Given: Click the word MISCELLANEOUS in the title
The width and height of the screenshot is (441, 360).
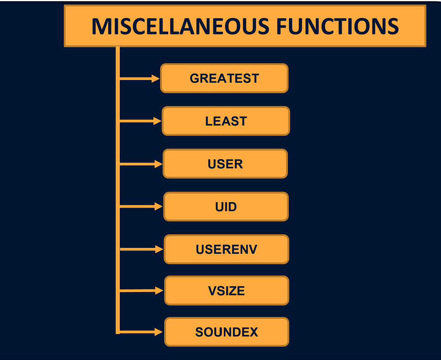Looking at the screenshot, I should [x=180, y=26].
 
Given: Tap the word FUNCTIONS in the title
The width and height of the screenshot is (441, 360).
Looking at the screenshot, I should [x=337, y=26].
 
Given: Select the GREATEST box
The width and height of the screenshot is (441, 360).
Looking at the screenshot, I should [x=224, y=78].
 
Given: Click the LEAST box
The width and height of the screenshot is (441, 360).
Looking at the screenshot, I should [x=226, y=121].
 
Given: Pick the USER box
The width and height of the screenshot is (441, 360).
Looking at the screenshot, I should [x=225, y=164].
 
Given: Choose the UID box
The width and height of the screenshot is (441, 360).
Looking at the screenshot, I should [x=226, y=206].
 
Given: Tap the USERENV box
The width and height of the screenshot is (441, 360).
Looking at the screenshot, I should [x=226, y=249].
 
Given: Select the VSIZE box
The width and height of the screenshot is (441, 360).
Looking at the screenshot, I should [x=226, y=291].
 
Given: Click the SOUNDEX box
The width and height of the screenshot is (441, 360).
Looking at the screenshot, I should [x=226, y=332].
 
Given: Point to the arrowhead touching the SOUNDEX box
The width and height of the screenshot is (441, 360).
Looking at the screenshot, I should [x=159, y=332].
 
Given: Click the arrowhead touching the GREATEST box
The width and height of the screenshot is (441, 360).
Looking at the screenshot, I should [x=155, y=78].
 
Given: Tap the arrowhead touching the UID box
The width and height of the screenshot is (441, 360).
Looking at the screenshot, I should [x=159, y=207].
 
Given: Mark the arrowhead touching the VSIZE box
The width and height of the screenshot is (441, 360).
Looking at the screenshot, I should [x=159, y=291].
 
